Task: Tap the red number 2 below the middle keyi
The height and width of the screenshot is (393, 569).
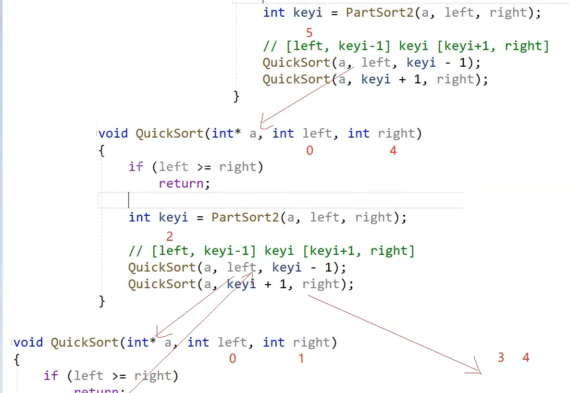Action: pyautogui.click(x=169, y=237)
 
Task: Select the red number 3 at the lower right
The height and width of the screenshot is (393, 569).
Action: pyautogui.click(x=501, y=358)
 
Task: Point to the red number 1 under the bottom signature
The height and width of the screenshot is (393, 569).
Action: pyautogui.click(x=301, y=359)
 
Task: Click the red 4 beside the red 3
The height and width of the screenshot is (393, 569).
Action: pyautogui.click(x=526, y=358)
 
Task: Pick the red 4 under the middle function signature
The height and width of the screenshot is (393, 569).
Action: pyautogui.click(x=393, y=151)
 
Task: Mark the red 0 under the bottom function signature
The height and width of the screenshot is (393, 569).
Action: pyautogui.click(x=232, y=359)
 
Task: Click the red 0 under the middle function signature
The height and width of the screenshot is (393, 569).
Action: pyautogui.click(x=310, y=151)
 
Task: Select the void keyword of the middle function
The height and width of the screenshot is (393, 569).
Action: pyautogui.click(x=113, y=133)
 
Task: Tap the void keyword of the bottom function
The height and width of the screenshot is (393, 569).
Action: pyautogui.click(x=28, y=342)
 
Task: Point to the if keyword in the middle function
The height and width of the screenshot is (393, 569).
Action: pyautogui.click(x=135, y=167)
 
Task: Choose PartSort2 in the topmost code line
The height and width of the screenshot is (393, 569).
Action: pyautogui.click(x=379, y=13)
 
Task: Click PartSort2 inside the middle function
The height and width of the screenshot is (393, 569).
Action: pyautogui.click(x=245, y=217)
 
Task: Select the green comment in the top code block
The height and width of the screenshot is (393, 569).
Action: pyautogui.click(x=406, y=46)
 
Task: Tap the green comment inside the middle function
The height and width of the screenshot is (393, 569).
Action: pyautogui.click(x=271, y=251)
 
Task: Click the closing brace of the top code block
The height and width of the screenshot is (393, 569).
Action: pyautogui.click(x=236, y=96)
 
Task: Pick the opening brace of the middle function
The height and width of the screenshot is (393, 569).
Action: pyautogui.click(x=101, y=150)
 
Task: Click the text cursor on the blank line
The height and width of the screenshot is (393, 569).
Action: pyautogui.click(x=128, y=200)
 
